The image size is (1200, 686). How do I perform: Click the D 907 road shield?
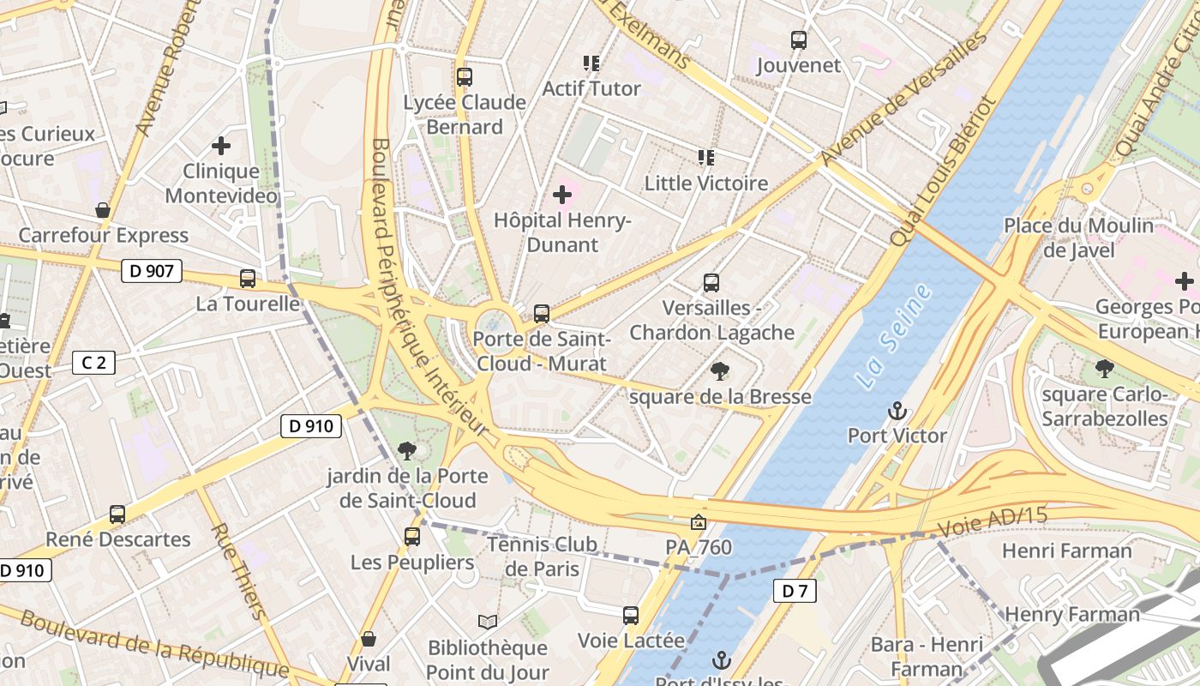pos(153,272)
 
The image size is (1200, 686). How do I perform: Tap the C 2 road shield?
pos(93,363)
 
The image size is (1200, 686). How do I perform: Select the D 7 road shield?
pos(795,590)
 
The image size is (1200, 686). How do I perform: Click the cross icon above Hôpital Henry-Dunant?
pos(562,195)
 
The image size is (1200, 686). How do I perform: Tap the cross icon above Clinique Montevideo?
pos(221,146)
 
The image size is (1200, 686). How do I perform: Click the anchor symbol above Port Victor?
pos(897,411)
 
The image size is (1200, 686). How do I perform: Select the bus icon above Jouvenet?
pos(799,39)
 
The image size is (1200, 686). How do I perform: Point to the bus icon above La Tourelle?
pos(248,279)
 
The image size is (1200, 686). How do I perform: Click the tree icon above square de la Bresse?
pos(720,371)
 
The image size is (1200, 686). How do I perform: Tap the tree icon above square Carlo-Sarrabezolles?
pos(1105,369)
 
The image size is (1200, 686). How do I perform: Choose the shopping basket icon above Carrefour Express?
pos(103,210)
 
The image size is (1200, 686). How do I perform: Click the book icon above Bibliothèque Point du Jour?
pos(488,622)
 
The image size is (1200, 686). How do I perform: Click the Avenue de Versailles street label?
pos(904,99)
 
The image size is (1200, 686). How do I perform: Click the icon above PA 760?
pos(699,521)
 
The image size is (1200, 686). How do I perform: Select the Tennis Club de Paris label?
pos(542,557)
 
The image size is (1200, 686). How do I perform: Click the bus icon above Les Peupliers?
pos(412,537)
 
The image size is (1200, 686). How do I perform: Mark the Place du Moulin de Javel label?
pos(1079,238)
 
